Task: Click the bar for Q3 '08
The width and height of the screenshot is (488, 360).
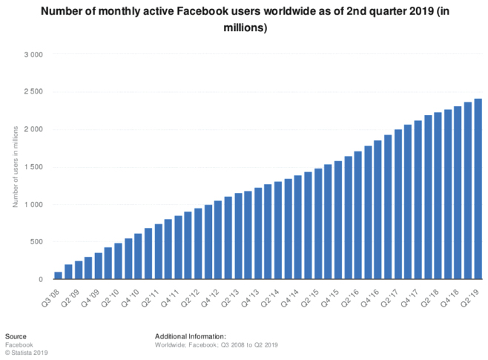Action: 58,275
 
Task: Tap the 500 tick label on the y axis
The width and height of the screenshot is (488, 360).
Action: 37,242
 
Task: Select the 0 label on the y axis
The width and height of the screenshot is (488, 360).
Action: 42,280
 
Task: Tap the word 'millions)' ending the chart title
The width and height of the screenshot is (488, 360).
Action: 244,27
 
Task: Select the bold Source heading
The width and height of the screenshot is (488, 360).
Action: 16,336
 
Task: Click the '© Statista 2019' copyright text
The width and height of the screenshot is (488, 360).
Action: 26,353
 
